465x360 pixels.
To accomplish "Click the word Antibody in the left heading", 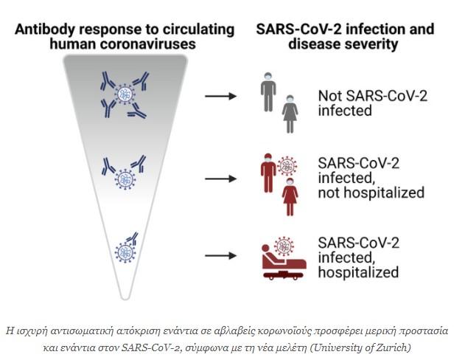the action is point(44,30).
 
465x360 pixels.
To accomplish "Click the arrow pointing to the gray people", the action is point(220,96).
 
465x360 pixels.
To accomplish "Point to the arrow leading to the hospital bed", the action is point(220,255).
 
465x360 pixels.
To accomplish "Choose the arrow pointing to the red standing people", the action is point(220,179).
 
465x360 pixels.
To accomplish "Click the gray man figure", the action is point(268,91).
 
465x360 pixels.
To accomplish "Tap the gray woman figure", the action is point(290,114).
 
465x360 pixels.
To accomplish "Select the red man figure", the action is point(268,173).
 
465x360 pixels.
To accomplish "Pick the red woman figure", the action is point(290,196).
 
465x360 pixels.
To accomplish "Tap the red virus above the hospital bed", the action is point(284,246).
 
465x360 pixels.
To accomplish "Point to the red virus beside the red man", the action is point(287,166).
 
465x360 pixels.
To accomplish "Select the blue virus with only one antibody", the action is point(125,252).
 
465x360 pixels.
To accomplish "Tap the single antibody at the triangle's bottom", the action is point(132,238).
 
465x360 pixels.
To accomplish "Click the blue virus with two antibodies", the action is point(125,179).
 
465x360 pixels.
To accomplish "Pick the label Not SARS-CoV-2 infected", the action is point(372,103).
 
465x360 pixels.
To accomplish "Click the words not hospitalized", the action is point(371,193).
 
